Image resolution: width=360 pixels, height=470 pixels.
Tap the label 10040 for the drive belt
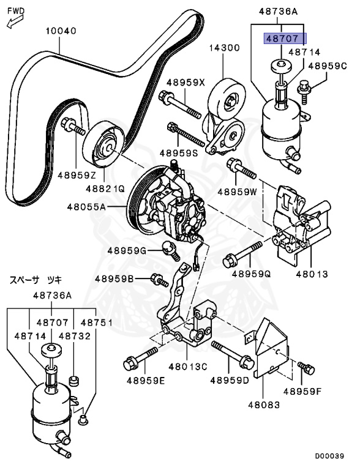59,31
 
